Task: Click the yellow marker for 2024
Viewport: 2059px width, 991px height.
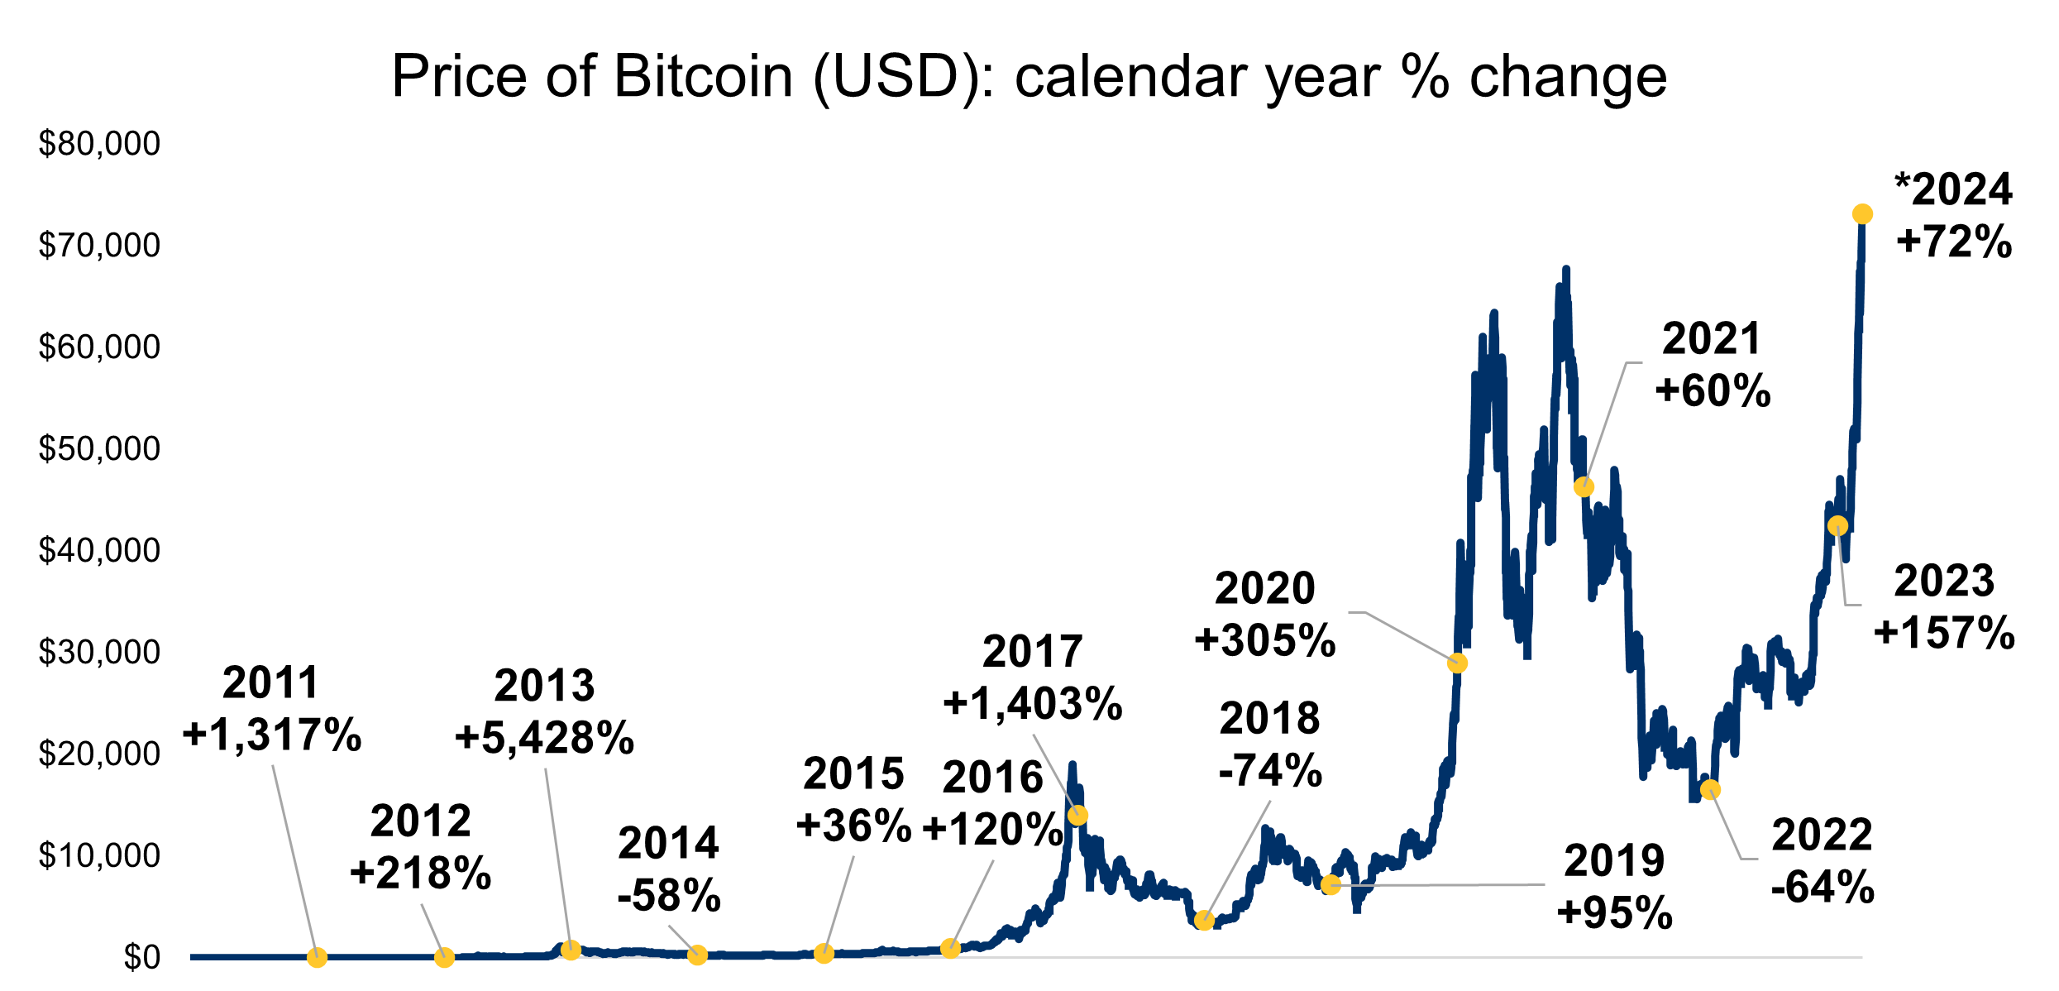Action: click(1862, 214)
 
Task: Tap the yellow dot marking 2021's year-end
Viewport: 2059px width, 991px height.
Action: click(1584, 487)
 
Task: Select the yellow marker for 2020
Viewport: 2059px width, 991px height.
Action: click(1458, 663)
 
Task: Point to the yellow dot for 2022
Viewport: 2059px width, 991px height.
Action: click(1710, 790)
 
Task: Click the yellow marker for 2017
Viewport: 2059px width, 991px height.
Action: click(1077, 816)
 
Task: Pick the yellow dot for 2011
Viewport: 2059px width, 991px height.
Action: click(317, 958)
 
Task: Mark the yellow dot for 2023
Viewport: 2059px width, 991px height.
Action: click(1837, 526)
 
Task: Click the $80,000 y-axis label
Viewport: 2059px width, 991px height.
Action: click(99, 144)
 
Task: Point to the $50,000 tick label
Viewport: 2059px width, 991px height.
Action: click(99, 449)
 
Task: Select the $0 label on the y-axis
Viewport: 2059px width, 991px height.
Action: click(141, 957)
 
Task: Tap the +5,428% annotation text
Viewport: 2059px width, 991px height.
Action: click(544, 738)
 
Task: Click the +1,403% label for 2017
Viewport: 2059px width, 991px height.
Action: click(1032, 704)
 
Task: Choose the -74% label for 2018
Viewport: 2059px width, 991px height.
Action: click(1270, 771)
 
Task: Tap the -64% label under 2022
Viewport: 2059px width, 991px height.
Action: click(1823, 888)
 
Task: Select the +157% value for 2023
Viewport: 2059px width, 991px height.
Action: click(1944, 634)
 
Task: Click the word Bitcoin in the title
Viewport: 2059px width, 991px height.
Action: click(703, 77)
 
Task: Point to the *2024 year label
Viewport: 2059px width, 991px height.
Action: click(1953, 190)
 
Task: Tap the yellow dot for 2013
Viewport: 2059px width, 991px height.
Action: click(570, 950)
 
